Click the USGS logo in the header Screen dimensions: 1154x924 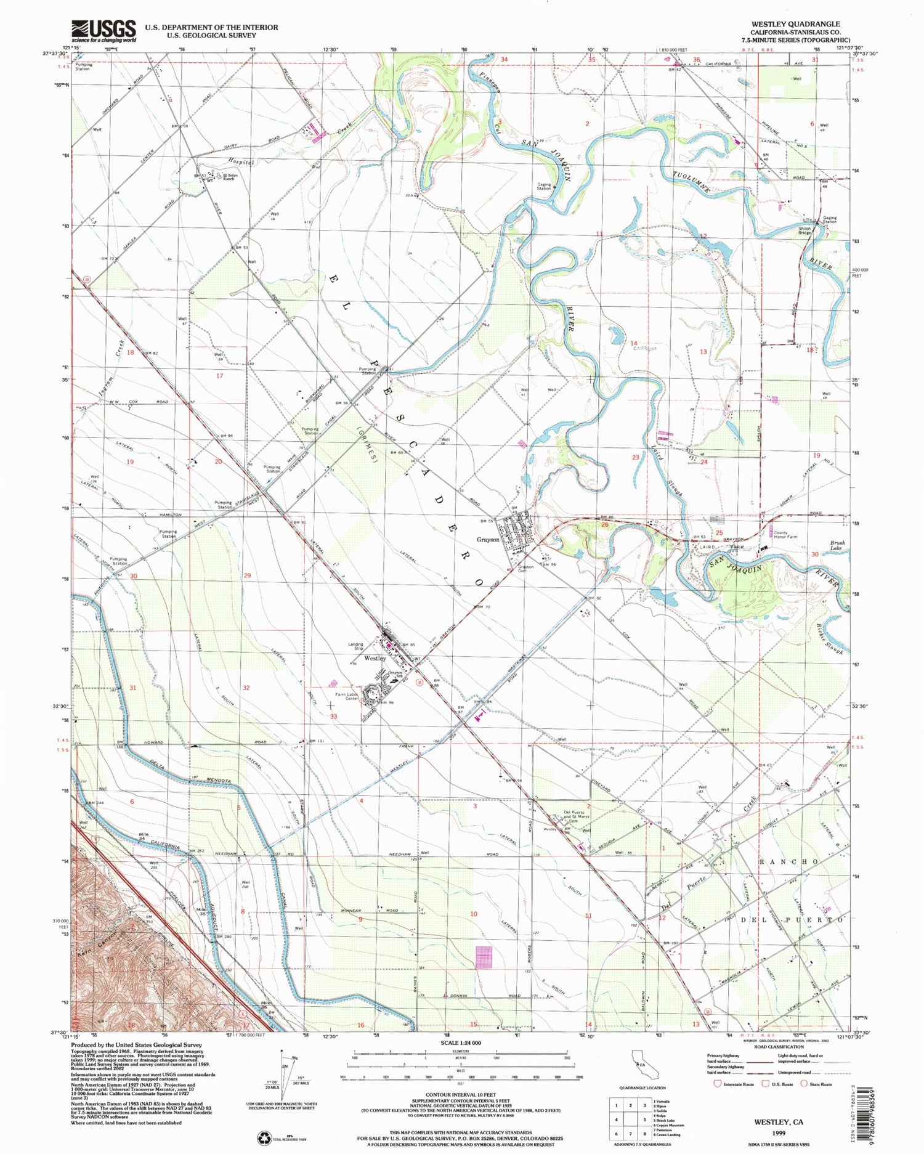[103, 30]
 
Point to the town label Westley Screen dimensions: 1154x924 [375, 658]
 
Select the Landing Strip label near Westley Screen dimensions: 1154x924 [355, 646]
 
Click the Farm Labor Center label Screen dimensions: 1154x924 [347, 695]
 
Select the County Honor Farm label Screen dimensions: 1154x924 [785, 535]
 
